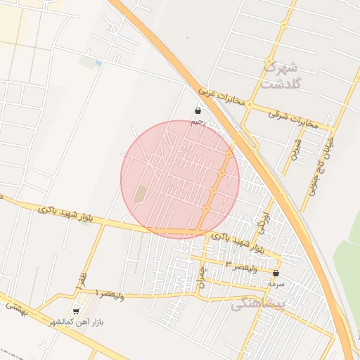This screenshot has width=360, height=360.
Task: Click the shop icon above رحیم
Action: pyautogui.click(x=198, y=110)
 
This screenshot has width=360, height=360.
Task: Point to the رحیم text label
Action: pyautogui.click(x=198, y=121)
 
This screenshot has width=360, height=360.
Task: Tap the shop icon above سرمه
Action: pyautogui.click(x=276, y=273)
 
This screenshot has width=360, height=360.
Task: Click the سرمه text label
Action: pyautogui.click(x=276, y=283)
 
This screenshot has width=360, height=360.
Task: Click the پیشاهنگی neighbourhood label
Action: pyautogui.click(x=260, y=303)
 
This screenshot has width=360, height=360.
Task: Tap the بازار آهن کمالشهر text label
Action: pyautogui.click(x=76, y=322)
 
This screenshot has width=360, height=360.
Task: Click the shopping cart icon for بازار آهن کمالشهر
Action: pyautogui.click(x=76, y=311)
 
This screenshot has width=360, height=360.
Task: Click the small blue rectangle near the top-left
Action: pyautogui.click(x=98, y=63)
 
